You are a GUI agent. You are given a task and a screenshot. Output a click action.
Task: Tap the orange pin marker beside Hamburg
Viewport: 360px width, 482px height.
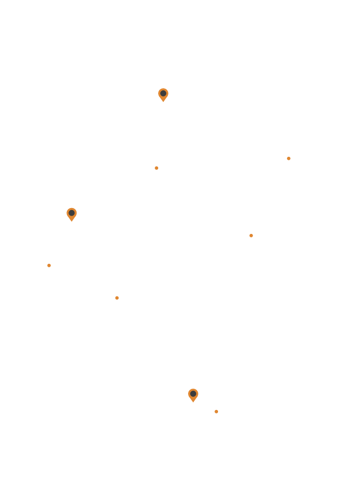click(x=163, y=94)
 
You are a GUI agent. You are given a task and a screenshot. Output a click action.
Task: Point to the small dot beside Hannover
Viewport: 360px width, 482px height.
click(x=156, y=168)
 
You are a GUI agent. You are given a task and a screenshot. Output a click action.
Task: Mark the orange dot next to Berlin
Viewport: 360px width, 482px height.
click(x=289, y=159)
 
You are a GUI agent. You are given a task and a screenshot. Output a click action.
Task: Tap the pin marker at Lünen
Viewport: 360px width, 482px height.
click(x=71, y=214)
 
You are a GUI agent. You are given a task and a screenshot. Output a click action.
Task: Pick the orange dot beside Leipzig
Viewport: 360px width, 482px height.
click(x=251, y=235)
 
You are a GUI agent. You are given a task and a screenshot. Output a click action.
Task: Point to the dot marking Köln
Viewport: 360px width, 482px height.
click(x=49, y=265)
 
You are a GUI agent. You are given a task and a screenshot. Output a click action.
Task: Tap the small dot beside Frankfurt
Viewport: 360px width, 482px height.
click(x=117, y=298)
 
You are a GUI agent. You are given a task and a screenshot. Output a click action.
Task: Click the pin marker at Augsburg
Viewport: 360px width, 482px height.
click(x=193, y=394)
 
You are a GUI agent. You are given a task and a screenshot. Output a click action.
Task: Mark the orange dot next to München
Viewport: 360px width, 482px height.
click(x=216, y=411)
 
